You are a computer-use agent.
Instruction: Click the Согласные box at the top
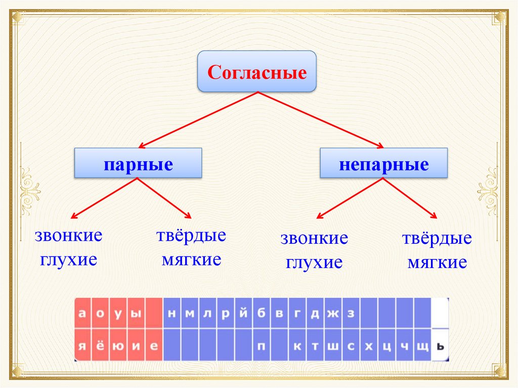tap(257, 71)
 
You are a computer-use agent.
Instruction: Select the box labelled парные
tap(138, 163)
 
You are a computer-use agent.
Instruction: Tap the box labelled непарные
tap(383, 163)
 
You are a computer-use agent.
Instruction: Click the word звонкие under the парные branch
tap(68, 236)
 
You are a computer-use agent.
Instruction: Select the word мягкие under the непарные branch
tap(437, 263)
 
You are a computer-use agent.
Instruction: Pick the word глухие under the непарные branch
tap(314, 263)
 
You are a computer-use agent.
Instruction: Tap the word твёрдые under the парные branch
tap(191, 236)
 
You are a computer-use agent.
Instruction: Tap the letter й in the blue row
tap(243, 313)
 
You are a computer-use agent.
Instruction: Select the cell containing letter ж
tap(332, 313)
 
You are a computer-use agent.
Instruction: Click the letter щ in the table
tap(422, 346)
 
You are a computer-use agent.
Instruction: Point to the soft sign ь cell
tap(440, 346)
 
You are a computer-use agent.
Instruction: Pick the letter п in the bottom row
tap(261, 346)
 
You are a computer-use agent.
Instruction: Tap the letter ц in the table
tap(386, 346)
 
